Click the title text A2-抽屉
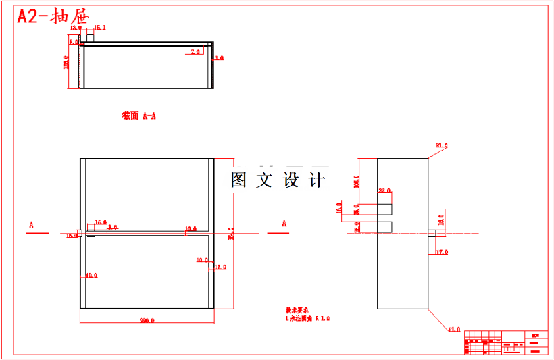tap(52, 17)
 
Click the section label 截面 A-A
tap(139, 115)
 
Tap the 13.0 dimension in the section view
tap(76, 28)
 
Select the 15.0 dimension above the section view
tap(100, 28)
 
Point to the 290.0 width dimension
tap(147, 320)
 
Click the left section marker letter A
tap(32, 223)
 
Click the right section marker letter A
tap(284, 223)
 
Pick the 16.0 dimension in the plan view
tap(101, 222)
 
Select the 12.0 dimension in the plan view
tap(220, 267)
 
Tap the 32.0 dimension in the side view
tap(385, 190)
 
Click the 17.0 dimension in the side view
tap(442, 252)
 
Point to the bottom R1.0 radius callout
tap(454, 330)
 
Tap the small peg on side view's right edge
tap(435, 233)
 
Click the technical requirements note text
tap(307, 314)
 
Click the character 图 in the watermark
tap(238, 180)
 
